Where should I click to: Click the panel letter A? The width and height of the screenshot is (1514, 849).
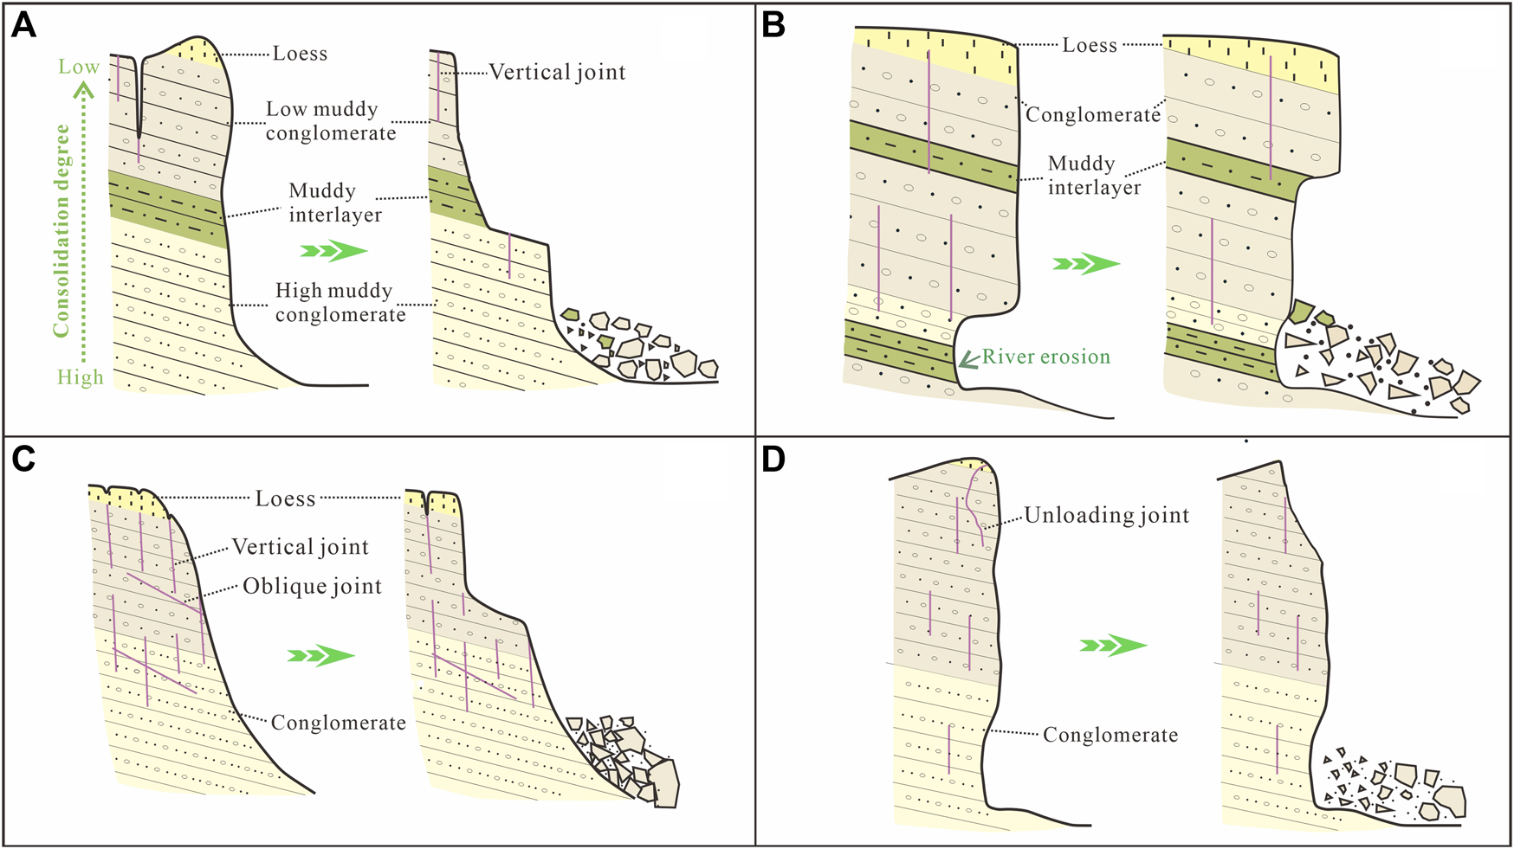[x=23, y=26]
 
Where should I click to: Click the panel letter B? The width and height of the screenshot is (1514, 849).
[x=773, y=26]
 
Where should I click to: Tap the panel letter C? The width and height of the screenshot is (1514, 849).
[x=23, y=459]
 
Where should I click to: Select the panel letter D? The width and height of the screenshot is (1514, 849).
[x=773, y=459]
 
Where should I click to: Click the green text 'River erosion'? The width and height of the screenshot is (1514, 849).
[x=1045, y=357]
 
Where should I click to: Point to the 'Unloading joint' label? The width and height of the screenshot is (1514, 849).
[x=1106, y=516]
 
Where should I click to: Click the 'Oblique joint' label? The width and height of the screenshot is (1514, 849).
[x=312, y=587]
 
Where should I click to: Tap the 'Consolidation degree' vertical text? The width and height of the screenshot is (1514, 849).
[x=61, y=230]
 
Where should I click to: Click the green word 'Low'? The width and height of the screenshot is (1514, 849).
[x=79, y=67]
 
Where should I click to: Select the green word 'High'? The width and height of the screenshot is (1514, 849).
[x=81, y=377]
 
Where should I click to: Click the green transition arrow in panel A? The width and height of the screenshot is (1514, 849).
[x=333, y=251]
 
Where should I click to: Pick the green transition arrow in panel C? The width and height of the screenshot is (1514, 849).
[x=320, y=655]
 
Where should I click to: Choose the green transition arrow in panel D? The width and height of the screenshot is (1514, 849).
[x=1113, y=645]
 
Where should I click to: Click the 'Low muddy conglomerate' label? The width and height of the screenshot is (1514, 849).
[x=330, y=121]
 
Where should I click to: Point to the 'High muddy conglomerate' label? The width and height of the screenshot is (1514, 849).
[x=340, y=302]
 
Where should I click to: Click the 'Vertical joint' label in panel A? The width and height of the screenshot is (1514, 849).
[x=557, y=72]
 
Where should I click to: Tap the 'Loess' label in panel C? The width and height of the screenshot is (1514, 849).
[x=285, y=498]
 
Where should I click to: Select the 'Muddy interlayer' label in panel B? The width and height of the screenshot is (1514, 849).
[x=1094, y=176]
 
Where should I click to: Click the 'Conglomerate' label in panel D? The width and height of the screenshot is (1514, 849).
[x=1110, y=736]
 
